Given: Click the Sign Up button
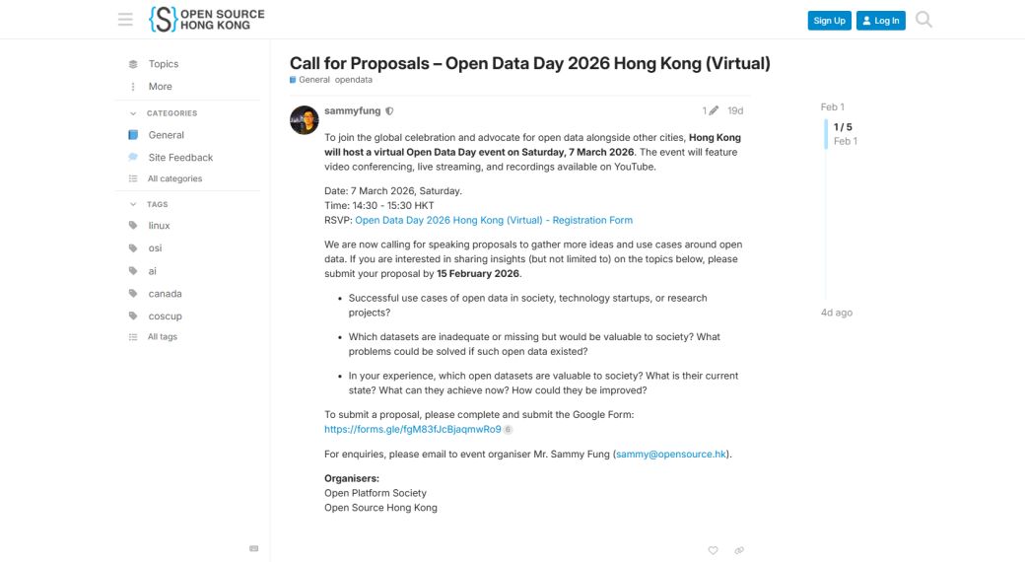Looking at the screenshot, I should pos(829,21).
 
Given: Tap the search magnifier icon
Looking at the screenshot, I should pos(923,20).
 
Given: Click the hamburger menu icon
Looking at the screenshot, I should pos(125,20).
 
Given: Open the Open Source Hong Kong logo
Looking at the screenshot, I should pos(207,19).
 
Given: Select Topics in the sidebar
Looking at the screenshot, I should pos(164,64).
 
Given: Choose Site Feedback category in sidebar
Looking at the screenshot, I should pos(180,158).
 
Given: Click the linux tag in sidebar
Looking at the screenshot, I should pos(159,226).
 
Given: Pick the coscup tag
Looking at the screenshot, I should pos(165,316).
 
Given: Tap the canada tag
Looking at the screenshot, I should pos(165,294).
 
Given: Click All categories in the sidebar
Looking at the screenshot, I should pos(174,179).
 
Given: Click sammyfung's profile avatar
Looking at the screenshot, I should pos(304,119).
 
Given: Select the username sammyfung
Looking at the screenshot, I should pos(352,111).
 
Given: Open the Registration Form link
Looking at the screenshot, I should pos(494,220).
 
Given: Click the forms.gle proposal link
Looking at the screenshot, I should pos(413,430).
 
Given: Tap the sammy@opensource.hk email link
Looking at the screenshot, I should pos(671,455).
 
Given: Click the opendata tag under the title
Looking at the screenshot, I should pos(354,80).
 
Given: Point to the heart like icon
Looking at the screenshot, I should pos(713,550).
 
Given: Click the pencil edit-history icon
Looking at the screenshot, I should pos(714,111).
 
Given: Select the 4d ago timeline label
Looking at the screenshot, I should pos(836,313).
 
